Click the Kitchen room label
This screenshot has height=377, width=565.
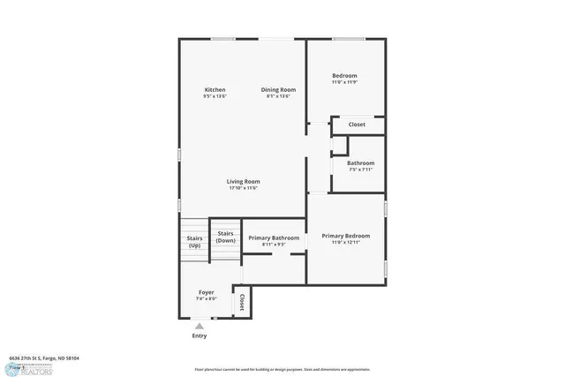click(x=215, y=90)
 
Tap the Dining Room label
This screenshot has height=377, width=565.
click(x=278, y=90)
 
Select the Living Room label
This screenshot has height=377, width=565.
click(x=243, y=182)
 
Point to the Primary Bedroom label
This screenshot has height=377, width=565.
click(x=345, y=236)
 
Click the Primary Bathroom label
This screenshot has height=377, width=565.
click(x=273, y=238)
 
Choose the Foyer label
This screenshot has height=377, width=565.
click(x=206, y=292)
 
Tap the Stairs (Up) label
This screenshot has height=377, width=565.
click(x=194, y=241)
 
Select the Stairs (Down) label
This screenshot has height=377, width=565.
click(x=226, y=237)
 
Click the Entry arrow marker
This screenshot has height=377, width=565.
click(x=200, y=326)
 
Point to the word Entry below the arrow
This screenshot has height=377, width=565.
click(x=200, y=336)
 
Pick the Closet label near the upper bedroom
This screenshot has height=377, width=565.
click(x=357, y=124)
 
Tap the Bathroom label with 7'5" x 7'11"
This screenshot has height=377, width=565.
click(x=360, y=163)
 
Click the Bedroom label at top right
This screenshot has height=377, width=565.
click(x=344, y=76)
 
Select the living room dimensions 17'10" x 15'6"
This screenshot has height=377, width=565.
click(x=243, y=188)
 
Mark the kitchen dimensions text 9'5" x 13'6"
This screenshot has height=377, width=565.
click(x=215, y=96)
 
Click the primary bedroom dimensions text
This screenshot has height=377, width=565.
click(x=345, y=243)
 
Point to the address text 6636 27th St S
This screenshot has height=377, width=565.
click(x=44, y=358)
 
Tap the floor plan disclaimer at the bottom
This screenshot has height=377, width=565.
click(x=282, y=369)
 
